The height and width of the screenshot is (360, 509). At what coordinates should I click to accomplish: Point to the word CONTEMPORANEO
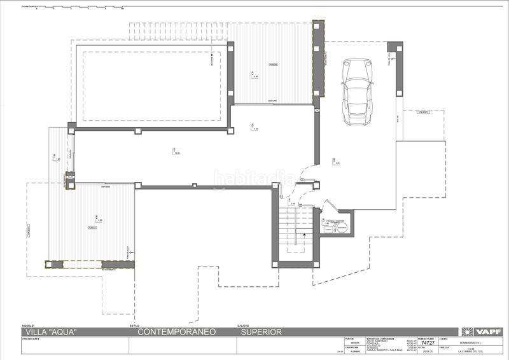tap(177, 331)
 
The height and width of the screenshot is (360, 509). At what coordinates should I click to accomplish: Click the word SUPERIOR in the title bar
tap(261, 331)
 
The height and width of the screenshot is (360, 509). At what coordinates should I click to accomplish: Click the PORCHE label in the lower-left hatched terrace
tap(92, 227)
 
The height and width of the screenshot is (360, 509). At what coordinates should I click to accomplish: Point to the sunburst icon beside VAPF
tap(468, 331)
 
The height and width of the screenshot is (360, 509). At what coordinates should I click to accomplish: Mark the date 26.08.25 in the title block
tap(426, 350)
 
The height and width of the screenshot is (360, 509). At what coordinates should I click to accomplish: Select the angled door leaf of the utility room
tap(330, 207)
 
